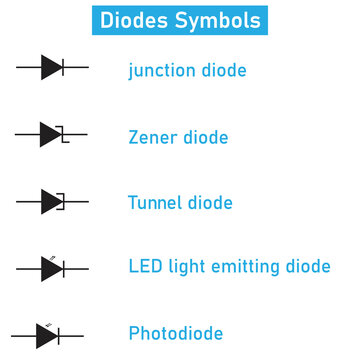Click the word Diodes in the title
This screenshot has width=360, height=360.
[x=136, y=20]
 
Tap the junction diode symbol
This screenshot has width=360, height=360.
[x=52, y=67]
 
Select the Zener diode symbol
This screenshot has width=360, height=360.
[x=52, y=134]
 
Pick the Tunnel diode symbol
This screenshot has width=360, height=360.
[x=52, y=201]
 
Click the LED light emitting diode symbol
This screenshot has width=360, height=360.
[x=52, y=268]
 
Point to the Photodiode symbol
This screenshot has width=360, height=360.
[x=47, y=335]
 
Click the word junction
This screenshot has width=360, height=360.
[x=160, y=71]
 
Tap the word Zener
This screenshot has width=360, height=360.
[x=152, y=138]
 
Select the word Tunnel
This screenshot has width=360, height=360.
[x=153, y=203]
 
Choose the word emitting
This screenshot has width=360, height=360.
[x=246, y=268]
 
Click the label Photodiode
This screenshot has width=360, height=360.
[x=175, y=334]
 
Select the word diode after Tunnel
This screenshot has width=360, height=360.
[x=208, y=203]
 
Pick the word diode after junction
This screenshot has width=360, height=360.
[x=222, y=71]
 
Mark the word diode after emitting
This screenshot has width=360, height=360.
[x=307, y=267]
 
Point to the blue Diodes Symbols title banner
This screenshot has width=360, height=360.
[x=179, y=20]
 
